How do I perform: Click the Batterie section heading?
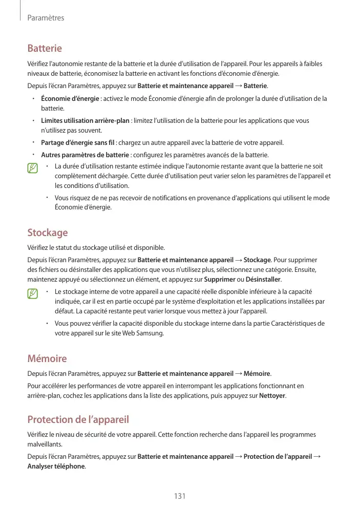point(45,49)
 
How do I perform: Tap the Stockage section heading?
point(47,233)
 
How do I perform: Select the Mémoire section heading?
point(47,358)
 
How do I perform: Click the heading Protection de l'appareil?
point(78,420)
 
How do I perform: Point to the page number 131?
point(179,496)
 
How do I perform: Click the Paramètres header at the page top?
point(46,18)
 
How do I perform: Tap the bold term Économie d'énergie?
point(70,98)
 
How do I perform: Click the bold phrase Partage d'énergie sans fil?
point(78,143)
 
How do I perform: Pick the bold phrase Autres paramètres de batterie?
point(85,155)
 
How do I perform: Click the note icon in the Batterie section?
point(33,167)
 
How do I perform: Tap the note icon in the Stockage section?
point(33,293)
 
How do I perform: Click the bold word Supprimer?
point(220,280)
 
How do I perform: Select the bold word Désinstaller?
point(263,280)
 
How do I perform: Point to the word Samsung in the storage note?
point(152,333)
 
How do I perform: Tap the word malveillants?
point(45,445)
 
